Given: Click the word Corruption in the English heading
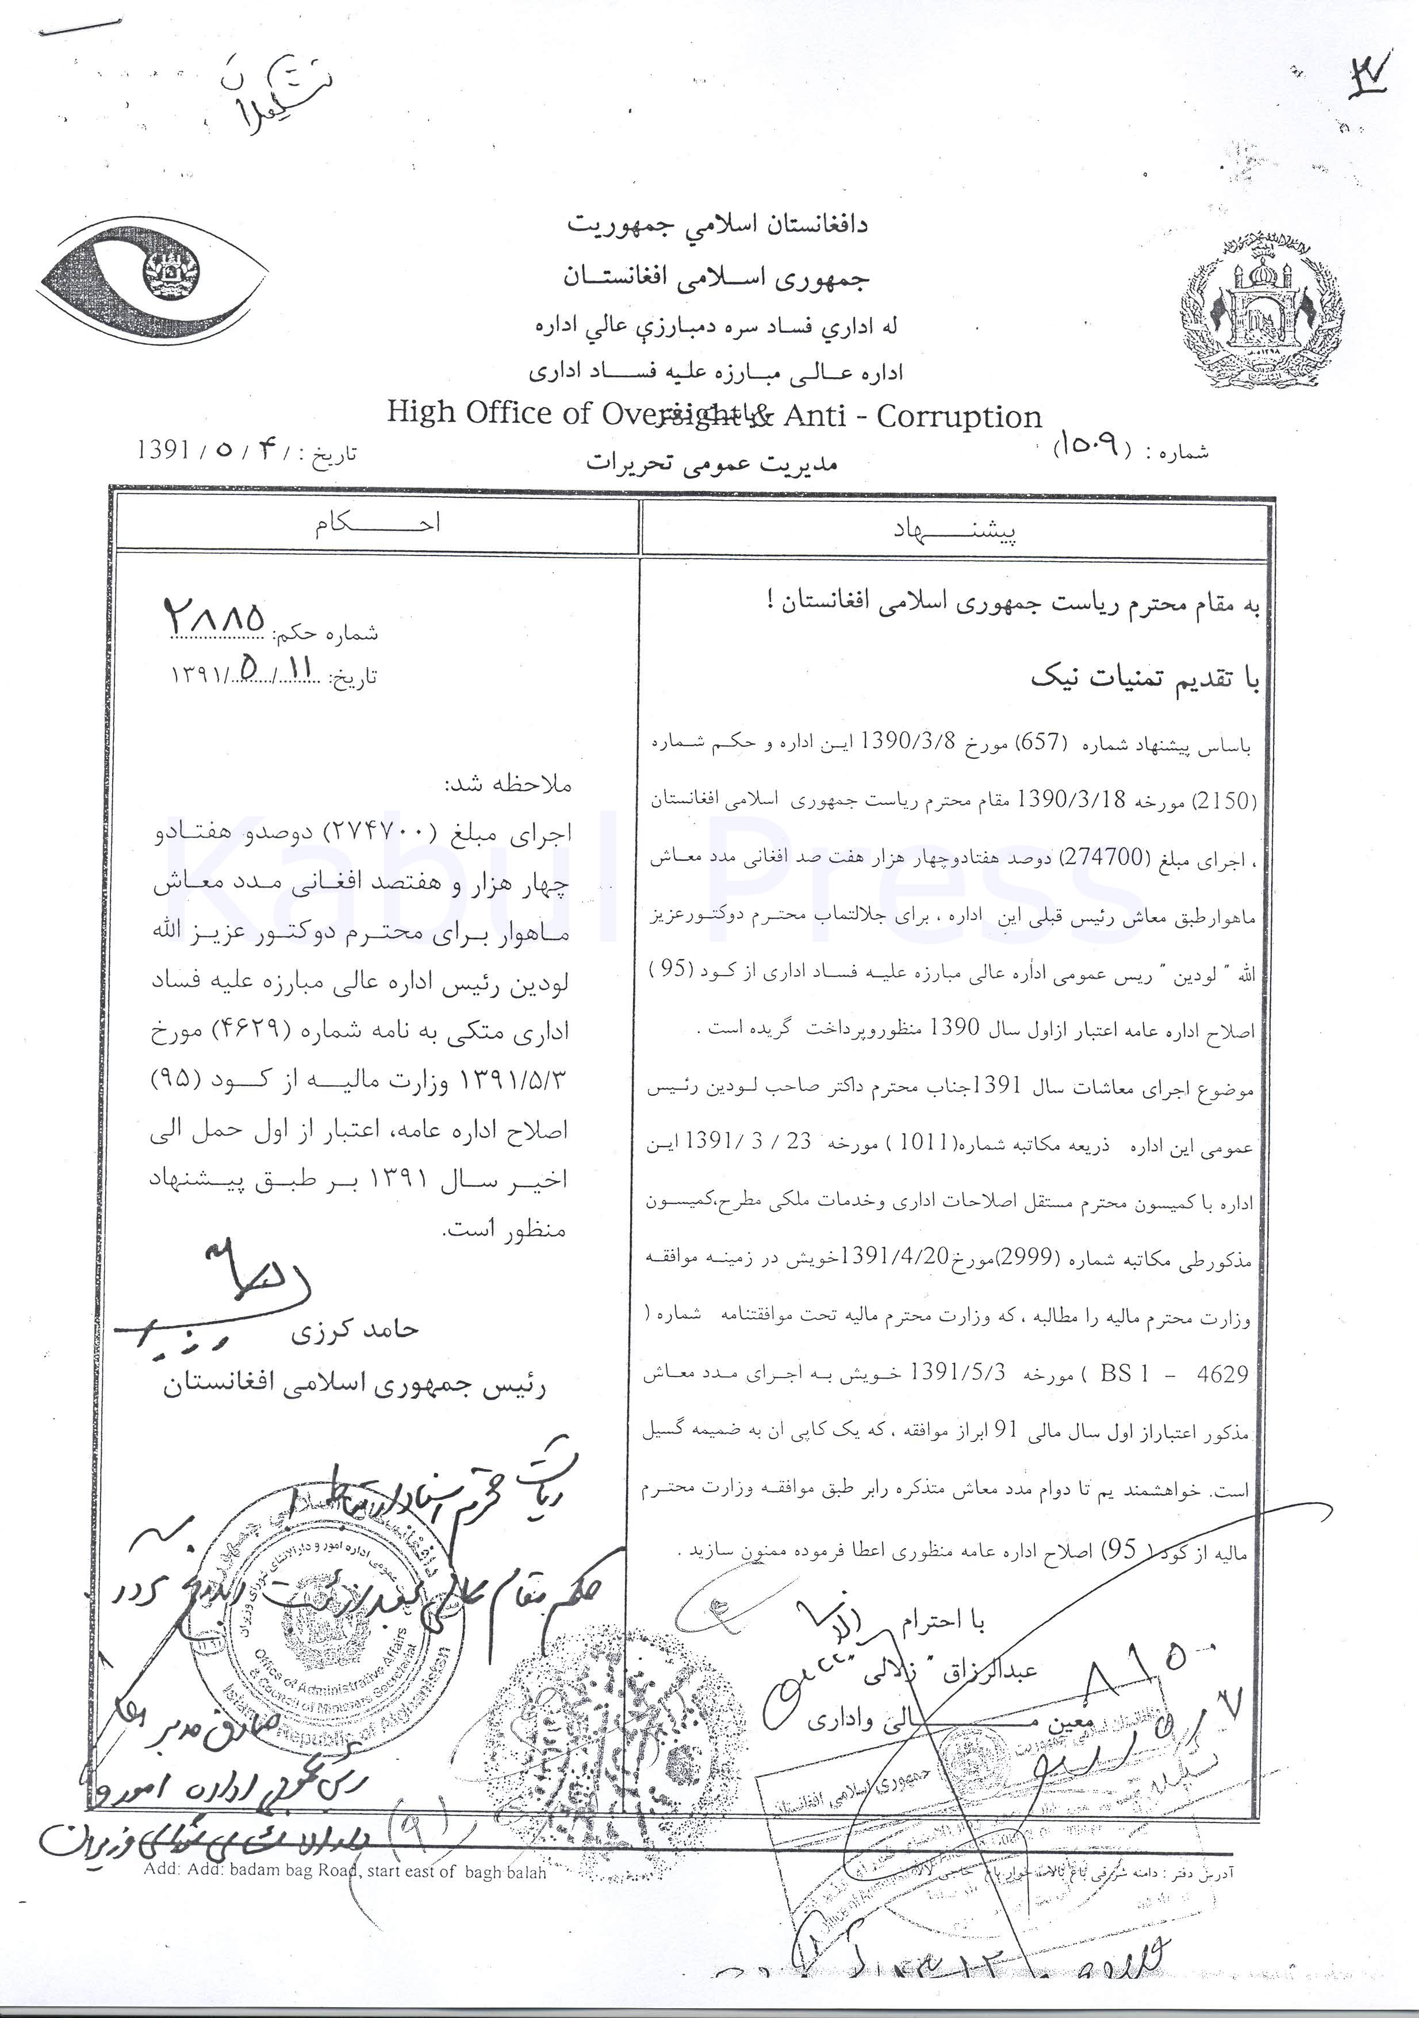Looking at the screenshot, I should (958, 416).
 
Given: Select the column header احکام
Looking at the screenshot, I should (378, 524).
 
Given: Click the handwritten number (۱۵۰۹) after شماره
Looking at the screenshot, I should (1090, 447).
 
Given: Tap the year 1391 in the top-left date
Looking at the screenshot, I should (164, 450).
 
